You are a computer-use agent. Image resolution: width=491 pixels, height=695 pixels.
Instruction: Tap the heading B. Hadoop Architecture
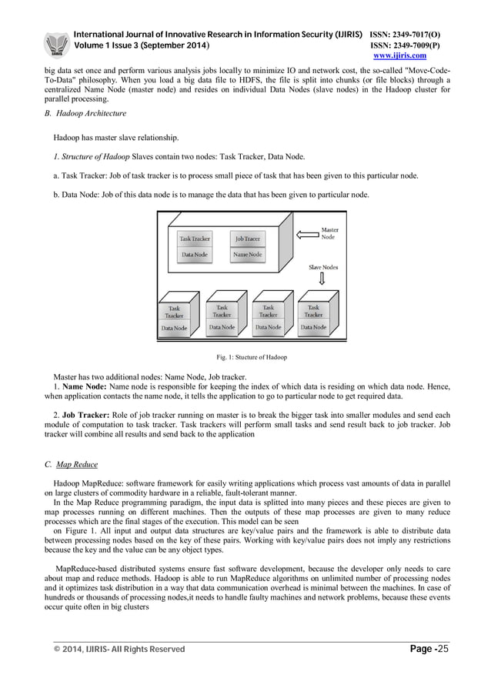click(85, 113)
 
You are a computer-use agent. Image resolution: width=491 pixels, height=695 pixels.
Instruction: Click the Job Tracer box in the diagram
click(247, 239)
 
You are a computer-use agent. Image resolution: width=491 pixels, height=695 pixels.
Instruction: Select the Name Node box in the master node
click(247, 254)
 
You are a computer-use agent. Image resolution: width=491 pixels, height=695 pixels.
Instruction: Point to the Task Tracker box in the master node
click(194, 239)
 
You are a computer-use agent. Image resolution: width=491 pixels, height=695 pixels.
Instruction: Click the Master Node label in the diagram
click(329, 233)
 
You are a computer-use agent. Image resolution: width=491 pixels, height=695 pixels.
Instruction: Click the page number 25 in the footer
click(443, 650)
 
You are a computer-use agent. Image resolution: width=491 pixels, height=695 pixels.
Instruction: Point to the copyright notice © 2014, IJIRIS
click(119, 650)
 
